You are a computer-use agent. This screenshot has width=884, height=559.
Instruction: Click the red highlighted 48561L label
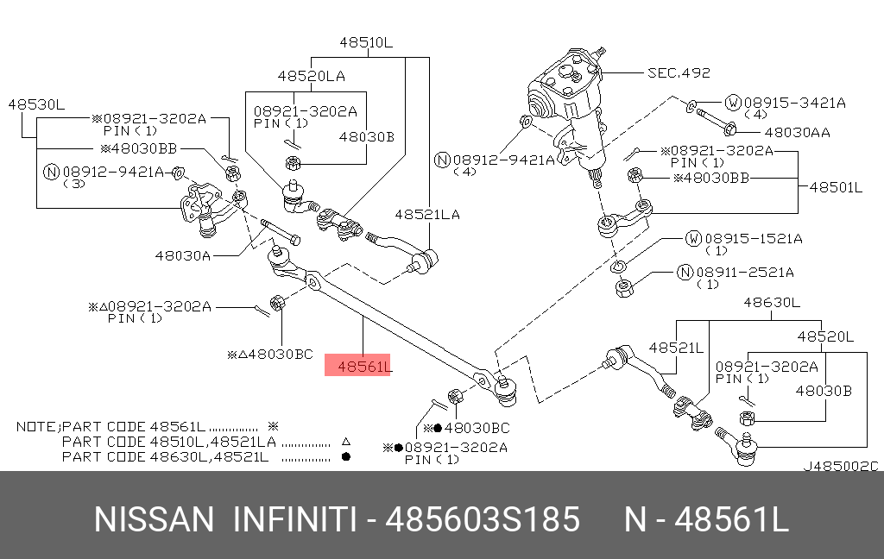[x=357, y=367]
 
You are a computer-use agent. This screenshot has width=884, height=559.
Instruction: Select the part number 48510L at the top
[x=365, y=42]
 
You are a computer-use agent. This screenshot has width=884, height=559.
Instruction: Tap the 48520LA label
[x=311, y=76]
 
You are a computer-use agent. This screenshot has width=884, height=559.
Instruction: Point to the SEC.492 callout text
[x=679, y=72]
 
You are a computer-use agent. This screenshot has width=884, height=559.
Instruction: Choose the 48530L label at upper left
[x=36, y=104]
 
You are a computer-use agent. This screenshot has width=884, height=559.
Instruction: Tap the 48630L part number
[x=771, y=302]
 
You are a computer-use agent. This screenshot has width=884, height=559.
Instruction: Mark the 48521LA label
[x=427, y=214]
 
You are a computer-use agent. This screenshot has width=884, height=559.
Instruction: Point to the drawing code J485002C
[x=840, y=466]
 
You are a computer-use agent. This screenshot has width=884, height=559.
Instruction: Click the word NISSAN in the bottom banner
[x=153, y=520]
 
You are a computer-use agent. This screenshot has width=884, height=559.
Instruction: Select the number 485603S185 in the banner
[x=483, y=520]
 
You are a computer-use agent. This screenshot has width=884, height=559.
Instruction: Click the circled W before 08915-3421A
[x=732, y=103]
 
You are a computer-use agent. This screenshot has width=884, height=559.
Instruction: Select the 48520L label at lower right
[x=825, y=336]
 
